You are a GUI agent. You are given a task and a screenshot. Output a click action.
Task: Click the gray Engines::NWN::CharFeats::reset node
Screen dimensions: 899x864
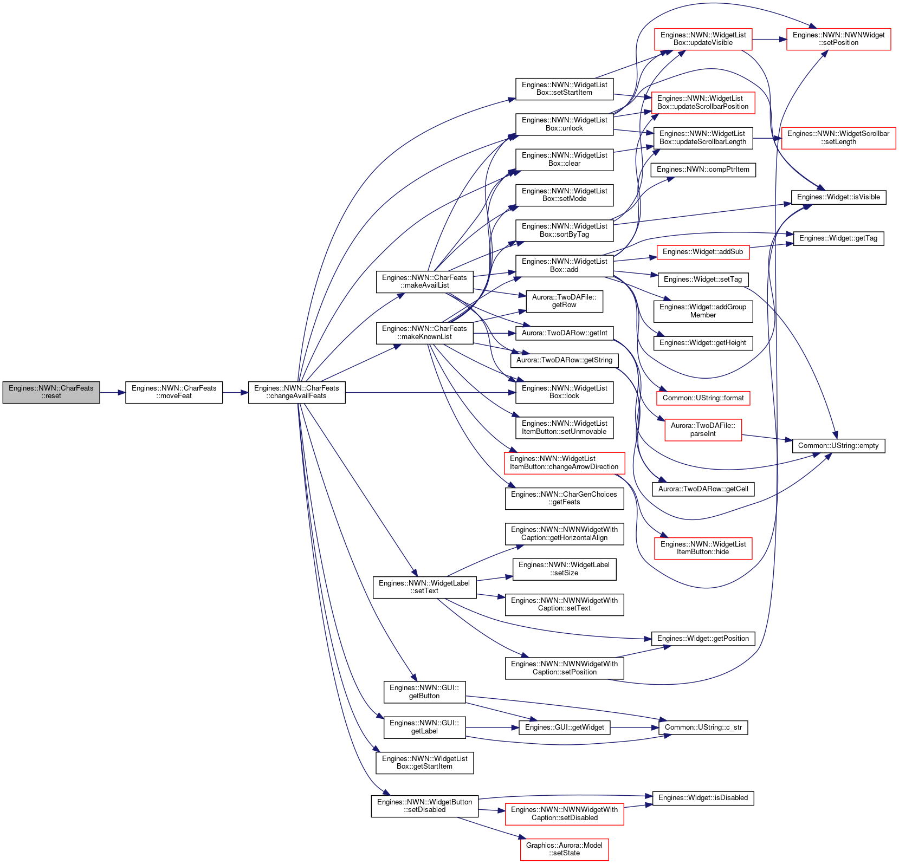tap(51, 392)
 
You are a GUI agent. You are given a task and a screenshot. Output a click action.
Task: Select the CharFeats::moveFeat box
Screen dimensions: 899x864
tap(174, 392)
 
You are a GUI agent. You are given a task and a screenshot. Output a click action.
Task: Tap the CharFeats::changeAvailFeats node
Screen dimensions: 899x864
tap(296, 392)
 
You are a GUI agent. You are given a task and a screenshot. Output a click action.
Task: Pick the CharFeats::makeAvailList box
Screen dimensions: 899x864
tap(424, 282)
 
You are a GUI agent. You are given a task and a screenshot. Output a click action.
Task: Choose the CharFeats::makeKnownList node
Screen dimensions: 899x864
tap(424, 333)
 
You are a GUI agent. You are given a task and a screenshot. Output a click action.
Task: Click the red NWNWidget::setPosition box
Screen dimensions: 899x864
tap(838, 39)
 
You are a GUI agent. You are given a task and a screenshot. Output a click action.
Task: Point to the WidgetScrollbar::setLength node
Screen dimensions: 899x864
tap(838, 138)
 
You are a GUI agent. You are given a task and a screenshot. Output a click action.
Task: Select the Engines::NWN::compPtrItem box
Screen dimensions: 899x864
tap(703, 170)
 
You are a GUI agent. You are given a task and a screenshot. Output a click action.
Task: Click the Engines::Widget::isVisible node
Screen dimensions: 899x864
tap(838, 197)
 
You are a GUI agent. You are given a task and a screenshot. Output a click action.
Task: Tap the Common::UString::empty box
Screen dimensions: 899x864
tap(838, 446)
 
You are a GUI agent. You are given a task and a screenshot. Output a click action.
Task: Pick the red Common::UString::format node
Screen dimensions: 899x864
tap(703, 398)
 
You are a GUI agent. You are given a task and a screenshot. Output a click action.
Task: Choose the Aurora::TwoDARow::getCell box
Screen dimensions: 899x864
tap(703, 489)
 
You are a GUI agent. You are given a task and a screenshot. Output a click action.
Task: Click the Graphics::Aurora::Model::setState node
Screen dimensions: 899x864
tap(564, 849)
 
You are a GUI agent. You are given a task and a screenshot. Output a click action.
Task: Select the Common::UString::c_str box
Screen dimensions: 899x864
tap(703, 727)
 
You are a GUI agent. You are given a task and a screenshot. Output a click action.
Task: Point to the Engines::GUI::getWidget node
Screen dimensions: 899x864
tap(564, 727)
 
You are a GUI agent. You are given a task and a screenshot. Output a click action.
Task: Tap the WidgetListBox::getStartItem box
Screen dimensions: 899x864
tap(424, 763)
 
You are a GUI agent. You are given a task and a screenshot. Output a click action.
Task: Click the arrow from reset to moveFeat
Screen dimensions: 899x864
tap(113, 392)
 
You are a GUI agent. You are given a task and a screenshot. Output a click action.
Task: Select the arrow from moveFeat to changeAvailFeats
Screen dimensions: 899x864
tap(236, 392)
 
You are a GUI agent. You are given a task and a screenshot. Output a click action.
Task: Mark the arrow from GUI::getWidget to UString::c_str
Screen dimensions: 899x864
tap(635, 727)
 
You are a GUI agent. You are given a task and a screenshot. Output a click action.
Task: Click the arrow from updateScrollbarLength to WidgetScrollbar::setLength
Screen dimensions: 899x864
tap(767, 138)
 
